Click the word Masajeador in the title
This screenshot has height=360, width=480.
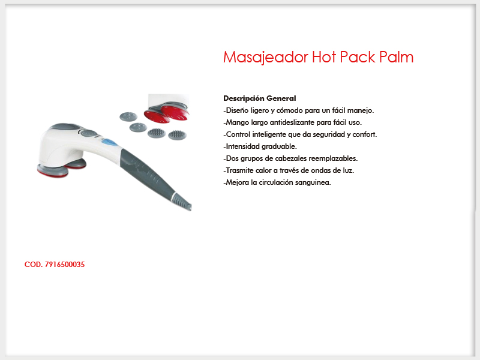[266, 57]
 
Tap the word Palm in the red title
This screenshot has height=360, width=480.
[397, 57]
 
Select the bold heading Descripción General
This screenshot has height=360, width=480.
[260, 98]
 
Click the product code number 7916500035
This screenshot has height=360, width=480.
[65, 265]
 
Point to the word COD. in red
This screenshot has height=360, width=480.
[34, 265]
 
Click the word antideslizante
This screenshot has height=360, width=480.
[292, 122]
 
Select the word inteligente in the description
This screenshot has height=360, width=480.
[269, 134]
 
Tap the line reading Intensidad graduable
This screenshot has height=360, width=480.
[260, 146]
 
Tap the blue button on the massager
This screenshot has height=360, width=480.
[110, 142]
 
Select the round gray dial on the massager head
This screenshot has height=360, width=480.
[89, 133]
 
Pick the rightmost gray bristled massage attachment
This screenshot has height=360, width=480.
[177, 134]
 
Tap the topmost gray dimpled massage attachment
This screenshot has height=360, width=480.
[128, 116]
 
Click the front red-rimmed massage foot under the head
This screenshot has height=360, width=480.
[53, 170]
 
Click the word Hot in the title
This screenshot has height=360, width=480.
[324, 57]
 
